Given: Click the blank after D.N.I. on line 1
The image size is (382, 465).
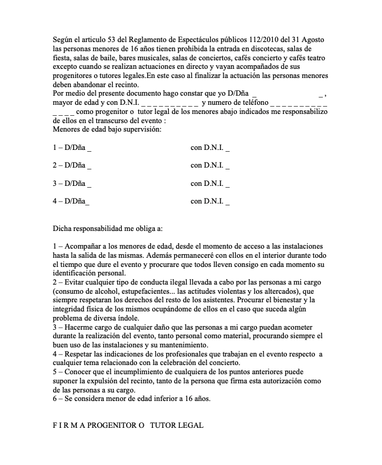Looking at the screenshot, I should (227, 148).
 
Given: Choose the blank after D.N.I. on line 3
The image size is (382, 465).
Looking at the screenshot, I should (227, 183).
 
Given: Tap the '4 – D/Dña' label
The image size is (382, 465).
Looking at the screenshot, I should (70, 201).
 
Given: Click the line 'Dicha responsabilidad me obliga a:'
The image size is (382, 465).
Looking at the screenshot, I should (108, 229).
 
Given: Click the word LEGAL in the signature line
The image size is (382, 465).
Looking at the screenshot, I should (190, 424).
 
